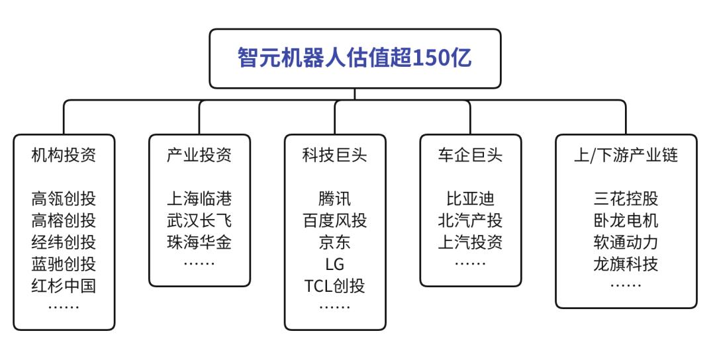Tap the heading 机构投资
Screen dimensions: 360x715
click(64, 156)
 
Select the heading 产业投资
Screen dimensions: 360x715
click(199, 156)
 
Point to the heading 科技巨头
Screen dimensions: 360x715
click(334, 156)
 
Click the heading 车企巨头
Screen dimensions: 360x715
click(470, 156)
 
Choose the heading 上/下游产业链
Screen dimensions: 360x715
click(626, 156)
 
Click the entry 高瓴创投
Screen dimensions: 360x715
click(64, 199)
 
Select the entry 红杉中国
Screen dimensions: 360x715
click(64, 286)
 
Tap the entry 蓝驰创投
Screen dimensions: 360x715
click(64, 264)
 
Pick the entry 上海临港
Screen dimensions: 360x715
click(199, 199)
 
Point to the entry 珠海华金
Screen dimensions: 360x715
click(199, 243)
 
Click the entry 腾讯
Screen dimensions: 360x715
click(334, 199)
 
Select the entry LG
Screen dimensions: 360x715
click(334, 264)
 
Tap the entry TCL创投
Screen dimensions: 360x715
click(334, 286)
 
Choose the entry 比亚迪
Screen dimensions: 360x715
click(470, 199)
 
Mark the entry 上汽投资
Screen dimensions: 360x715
click(470, 243)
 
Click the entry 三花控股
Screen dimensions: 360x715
click(626, 199)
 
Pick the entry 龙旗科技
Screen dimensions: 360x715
click(626, 264)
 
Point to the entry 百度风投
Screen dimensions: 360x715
click(334, 221)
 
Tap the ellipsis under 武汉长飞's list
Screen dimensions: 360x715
click(199, 263)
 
